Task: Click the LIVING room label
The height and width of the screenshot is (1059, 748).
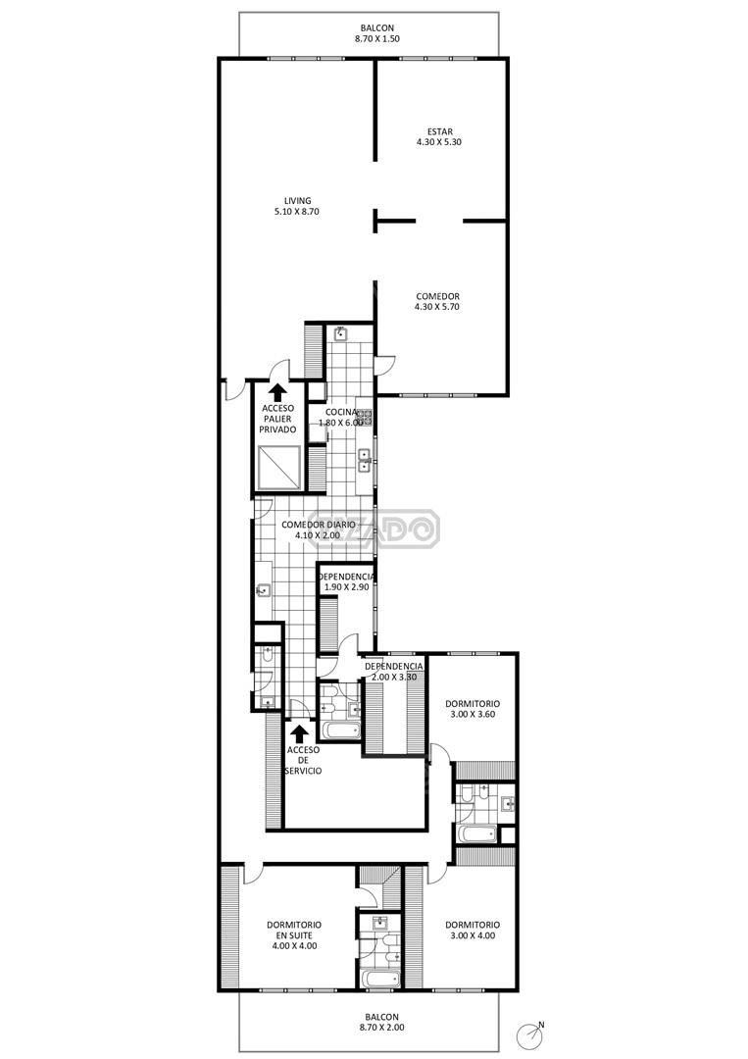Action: point(297,206)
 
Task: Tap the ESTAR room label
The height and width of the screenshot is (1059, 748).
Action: point(439,137)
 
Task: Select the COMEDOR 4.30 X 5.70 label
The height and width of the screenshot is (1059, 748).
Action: point(437,301)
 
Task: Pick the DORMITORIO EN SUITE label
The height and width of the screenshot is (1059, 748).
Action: point(294,934)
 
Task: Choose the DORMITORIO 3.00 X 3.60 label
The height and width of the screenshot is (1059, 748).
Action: point(473,709)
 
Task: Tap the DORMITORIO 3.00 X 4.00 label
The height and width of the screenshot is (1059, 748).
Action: point(473,930)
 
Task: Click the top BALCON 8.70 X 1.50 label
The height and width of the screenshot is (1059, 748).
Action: point(376,33)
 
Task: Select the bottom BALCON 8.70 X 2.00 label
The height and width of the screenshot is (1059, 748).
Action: point(381,1022)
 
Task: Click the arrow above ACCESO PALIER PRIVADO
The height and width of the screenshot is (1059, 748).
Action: point(276,392)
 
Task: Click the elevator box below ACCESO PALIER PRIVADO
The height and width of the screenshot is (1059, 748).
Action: point(278,467)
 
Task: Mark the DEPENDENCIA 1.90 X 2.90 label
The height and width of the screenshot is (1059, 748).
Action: point(346,582)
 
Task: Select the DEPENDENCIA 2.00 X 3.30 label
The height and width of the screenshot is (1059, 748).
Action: point(394,672)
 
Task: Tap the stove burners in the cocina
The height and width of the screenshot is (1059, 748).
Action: point(366,418)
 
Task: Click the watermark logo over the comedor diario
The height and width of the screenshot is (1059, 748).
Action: point(391,529)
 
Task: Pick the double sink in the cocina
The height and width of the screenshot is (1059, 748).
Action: point(365,460)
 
